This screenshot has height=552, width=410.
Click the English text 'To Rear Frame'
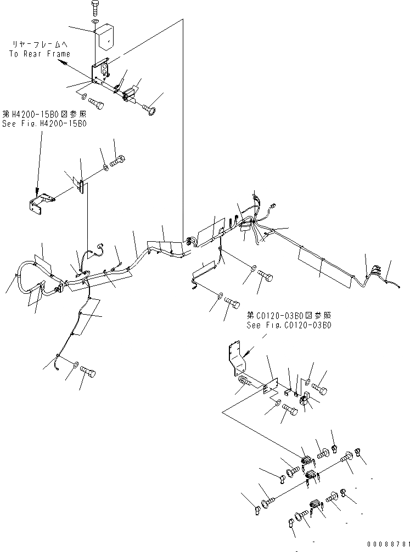(40, 54)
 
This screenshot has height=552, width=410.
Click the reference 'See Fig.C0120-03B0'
(289, 325)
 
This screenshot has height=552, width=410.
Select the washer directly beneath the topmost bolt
(95, 21)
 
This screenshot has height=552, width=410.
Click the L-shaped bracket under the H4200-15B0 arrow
(42, 201)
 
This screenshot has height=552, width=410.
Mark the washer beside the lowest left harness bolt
(75, 363)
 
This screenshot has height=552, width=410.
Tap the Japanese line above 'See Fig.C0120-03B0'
(289, 316)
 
